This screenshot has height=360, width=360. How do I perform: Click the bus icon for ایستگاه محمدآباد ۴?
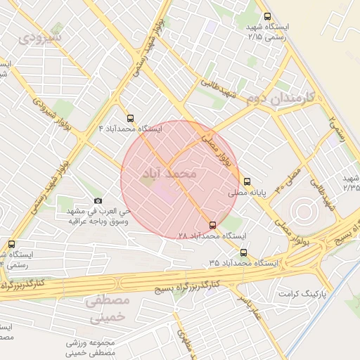[x=130, y=118]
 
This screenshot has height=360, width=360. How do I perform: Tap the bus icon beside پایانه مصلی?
[x=246, y=181]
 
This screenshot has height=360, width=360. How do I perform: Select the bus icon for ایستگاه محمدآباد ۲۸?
[x=213, y=226]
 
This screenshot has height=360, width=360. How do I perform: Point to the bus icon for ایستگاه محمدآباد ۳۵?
[x=243, y=252]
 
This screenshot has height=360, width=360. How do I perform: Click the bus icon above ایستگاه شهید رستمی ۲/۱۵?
[x=266, y=16]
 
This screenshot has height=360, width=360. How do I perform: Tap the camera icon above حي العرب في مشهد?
[x=97, y=201]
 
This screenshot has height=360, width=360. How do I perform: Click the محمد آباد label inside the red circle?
[x=179, y=172]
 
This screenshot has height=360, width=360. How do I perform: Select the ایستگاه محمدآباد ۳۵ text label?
[x=243, y=262]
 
